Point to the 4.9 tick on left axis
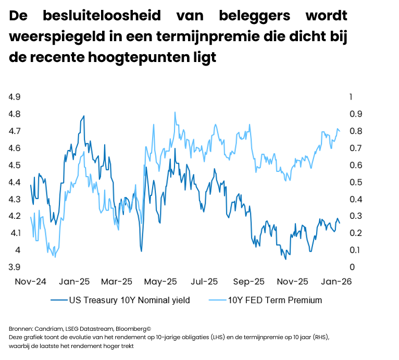click(14, 97)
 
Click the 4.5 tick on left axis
click(14, 165)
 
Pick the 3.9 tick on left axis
click(14, 267)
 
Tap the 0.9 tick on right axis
click(341, 114)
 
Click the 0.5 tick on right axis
click(341, 182)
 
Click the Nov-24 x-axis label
click(30, 281)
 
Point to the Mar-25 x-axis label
click(117, 281)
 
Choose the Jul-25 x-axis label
click(204, 281)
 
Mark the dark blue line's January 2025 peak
click(83, 116)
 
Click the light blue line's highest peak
click(175, 112)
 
